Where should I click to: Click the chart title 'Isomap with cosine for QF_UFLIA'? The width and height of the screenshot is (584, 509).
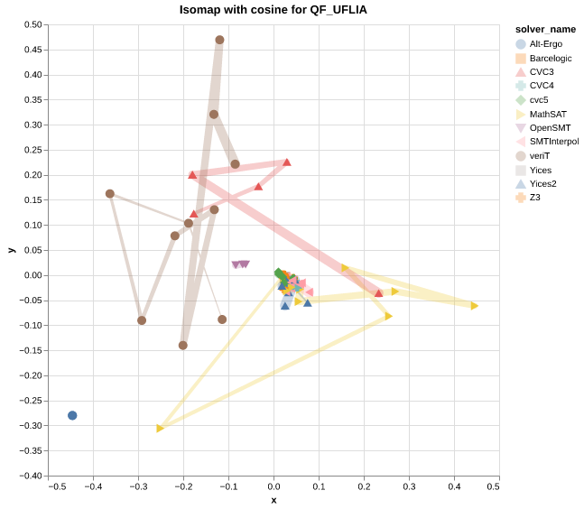coord(273,10)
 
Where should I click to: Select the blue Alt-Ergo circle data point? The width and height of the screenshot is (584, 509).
coord(72,415)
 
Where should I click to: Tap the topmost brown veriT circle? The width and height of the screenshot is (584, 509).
coord(219,40)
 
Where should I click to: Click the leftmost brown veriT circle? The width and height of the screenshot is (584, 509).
coord(110,194)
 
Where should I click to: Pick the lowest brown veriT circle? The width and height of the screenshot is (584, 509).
coord(183,346)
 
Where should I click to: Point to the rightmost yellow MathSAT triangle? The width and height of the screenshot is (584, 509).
coord(474,306)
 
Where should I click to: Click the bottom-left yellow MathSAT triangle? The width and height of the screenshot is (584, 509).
coord(161,428)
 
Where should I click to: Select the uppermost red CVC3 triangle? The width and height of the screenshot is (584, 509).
coord(287,162)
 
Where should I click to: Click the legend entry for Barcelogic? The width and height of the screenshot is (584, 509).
coord(550,58)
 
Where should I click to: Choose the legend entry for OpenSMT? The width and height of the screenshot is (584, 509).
coord(550,128)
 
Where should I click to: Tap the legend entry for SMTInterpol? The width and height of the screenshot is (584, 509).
coord(553,142)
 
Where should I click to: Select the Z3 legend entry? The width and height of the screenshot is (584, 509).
coord(534,198)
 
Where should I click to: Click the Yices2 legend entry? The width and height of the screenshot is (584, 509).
coord(542,183)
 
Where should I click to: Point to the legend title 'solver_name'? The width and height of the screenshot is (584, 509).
coord(539,29)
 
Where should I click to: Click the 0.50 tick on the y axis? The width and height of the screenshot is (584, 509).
coord(32,24)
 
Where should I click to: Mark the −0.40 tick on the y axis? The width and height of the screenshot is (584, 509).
coord(31,476)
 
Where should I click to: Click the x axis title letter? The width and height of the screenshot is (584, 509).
coord(273,500)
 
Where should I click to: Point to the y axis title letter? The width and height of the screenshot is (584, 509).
coord(11,250)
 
